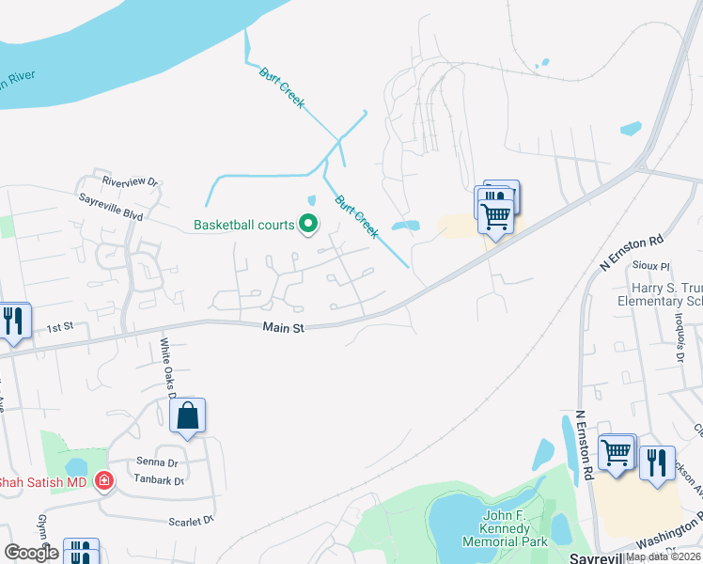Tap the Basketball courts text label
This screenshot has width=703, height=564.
pyautogui.click(x=244, y=225)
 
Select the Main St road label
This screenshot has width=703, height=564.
pyautogui.click(x=284, y=328)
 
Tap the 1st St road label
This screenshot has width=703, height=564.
pyautogui.click(x=60, y=327)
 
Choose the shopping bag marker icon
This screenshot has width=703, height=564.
pyautogui.click(x=188, y=416)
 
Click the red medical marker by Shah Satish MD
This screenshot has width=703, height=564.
pyautogui.click(x=103, y=482)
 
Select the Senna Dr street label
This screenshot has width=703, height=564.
pyautogui.click(x=156, y=462)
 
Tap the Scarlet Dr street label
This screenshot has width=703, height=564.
pyautogui.click(x=192, y=520)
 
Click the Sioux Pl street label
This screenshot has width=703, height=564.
pyautogui.click(x=651, y=266)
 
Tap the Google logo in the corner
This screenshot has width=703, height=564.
pyautogui.click(x=31, y=552)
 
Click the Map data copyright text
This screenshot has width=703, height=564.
pyautogui.click(x=664, y=556)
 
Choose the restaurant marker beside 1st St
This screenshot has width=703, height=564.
pyautogui.click(x=13, y=321)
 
